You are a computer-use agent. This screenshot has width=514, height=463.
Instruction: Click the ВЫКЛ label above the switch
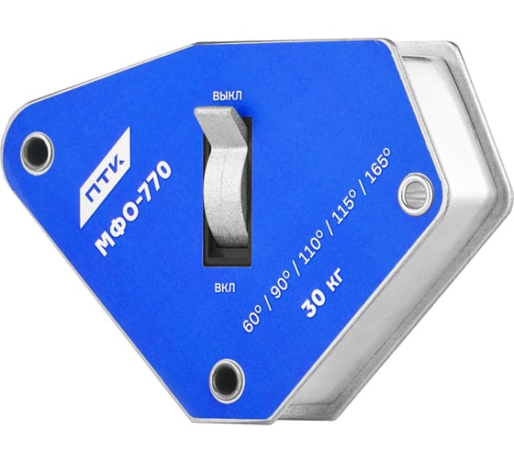coord(228,96)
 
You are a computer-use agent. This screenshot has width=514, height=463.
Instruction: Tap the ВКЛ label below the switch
coord(225,288)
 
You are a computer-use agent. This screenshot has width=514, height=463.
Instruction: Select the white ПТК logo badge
coord(105,177)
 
